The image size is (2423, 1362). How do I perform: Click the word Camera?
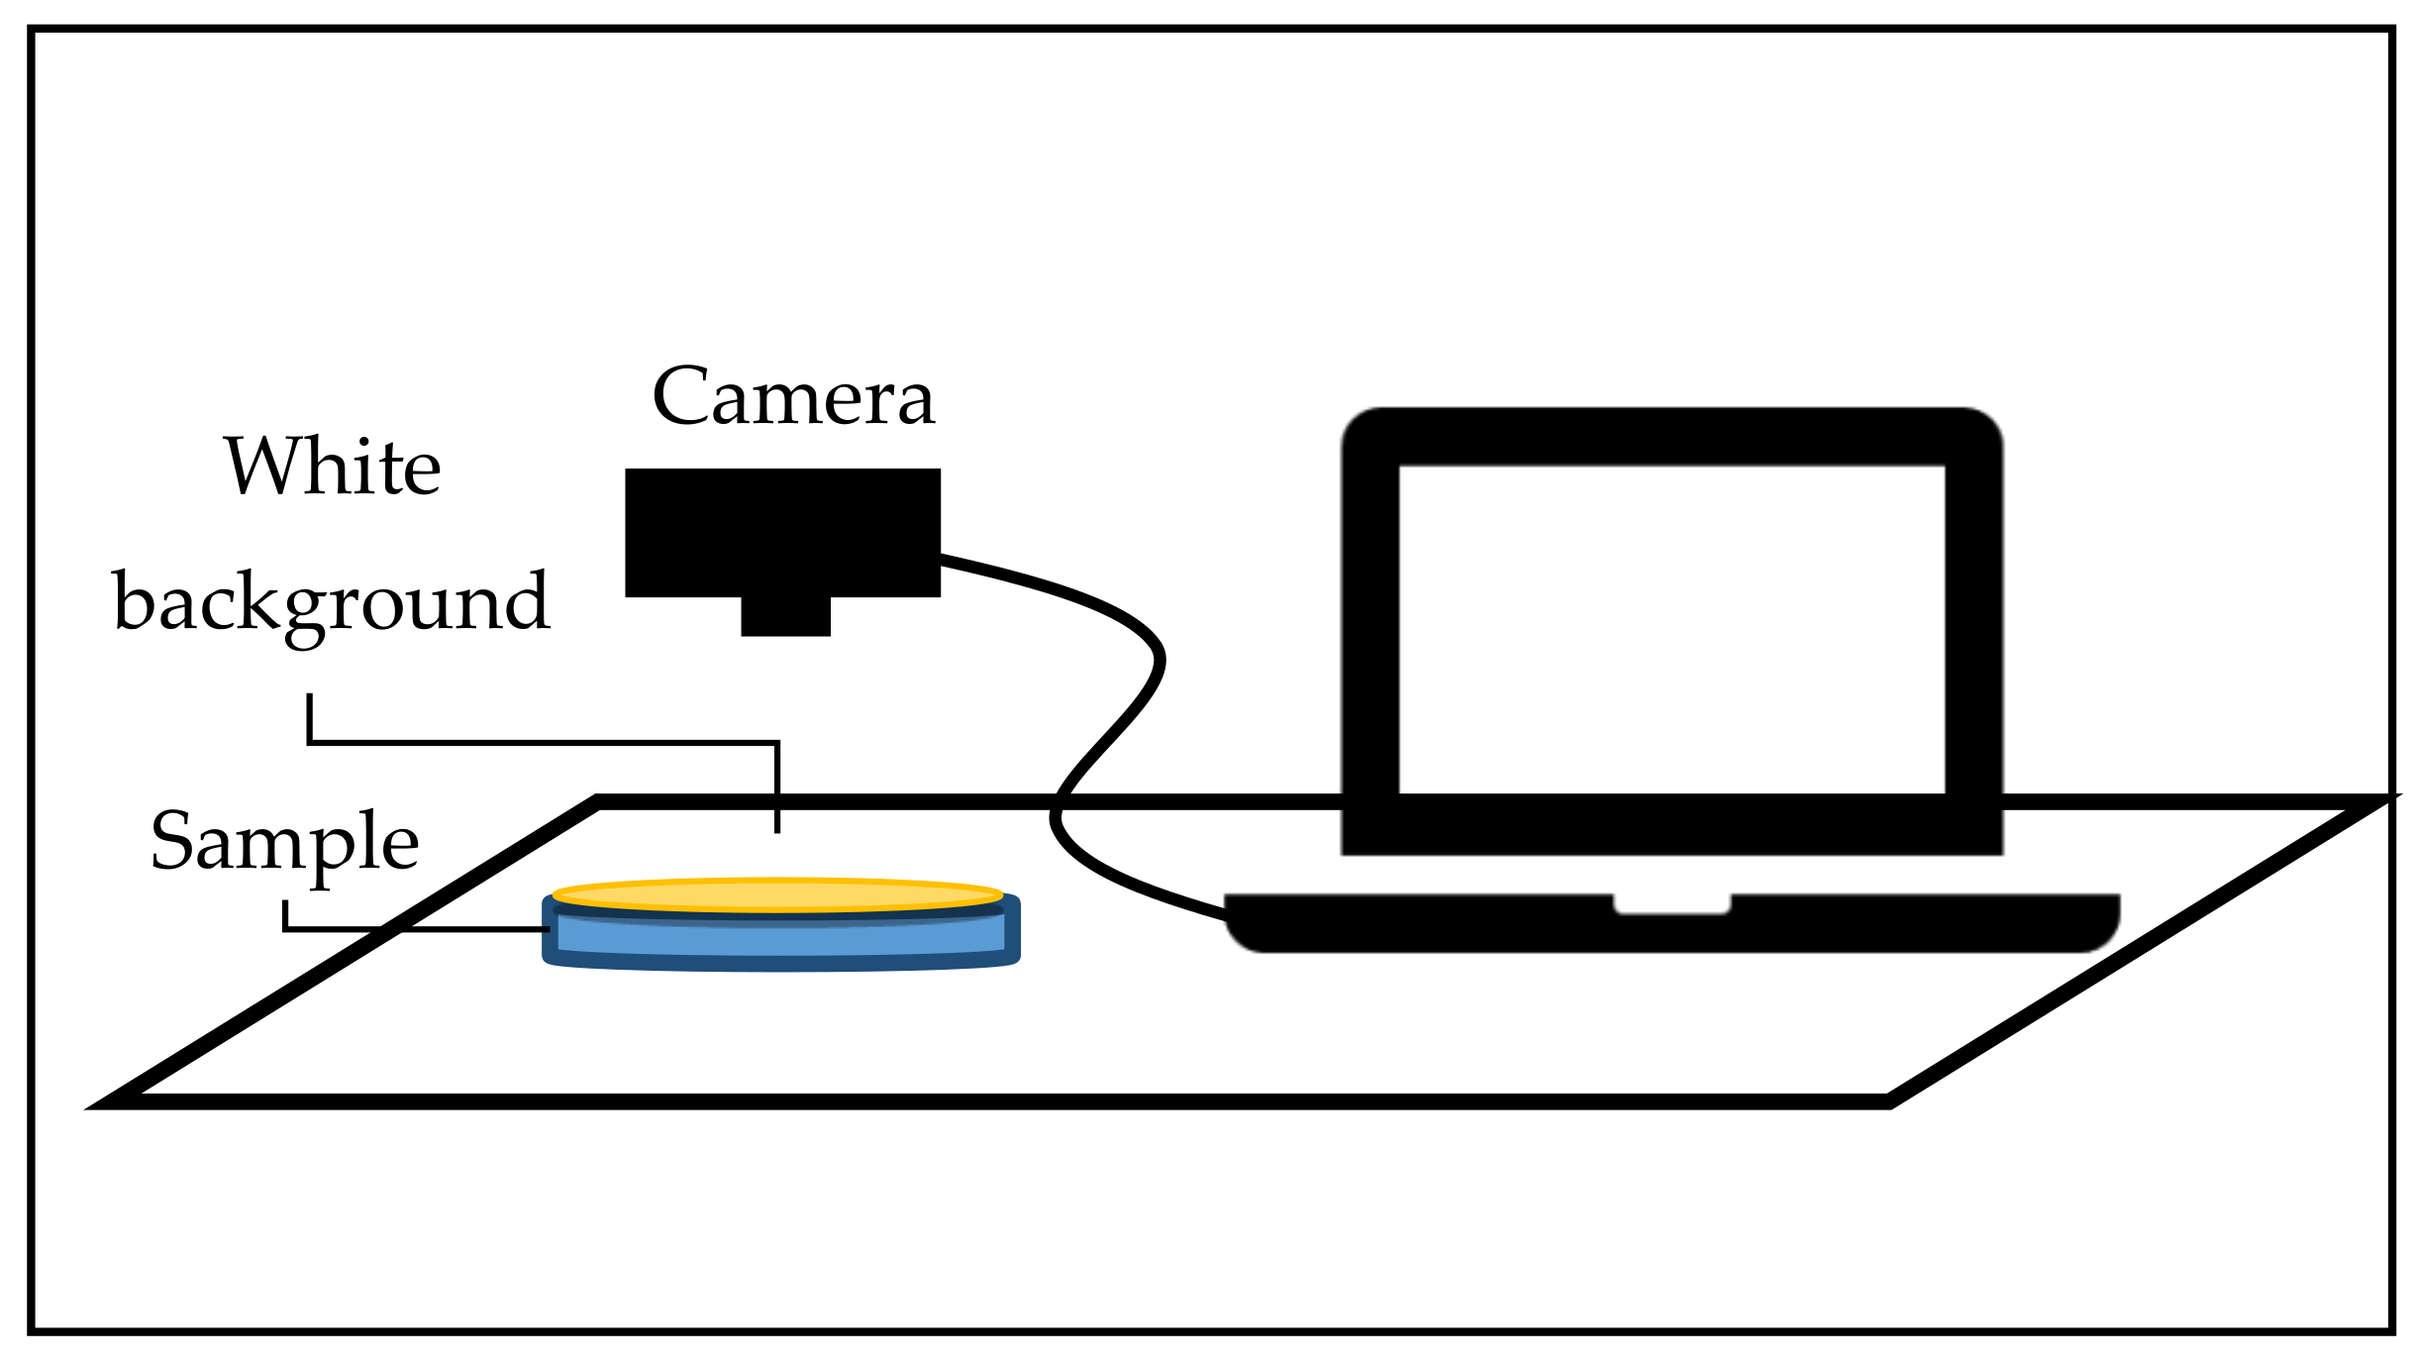pyautogui.click(x=792, y=398)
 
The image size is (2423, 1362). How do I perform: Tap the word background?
pyautogui.click(x=332, y=602)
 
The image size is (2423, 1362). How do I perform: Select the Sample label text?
pyautogui.click(x=284, y=842)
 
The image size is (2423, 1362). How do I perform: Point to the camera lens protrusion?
pyautogui.click(x=785, y=616)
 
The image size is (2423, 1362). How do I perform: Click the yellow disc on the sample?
pyautogui.click(x=777, y=895)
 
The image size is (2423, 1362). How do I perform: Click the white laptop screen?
pyautogui.click(x=1671, y=629)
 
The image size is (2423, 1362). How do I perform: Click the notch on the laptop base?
pyautogui.click(x=1671, y=903)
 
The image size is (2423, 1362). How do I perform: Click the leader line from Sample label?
pyautogui.click(x=416, y=929)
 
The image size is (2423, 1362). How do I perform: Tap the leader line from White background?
pyautogui.click(x=545, y=742)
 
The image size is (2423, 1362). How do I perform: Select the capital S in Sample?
pyautogui.click(x=171, y=841)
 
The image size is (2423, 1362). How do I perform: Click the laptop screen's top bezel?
pyautogui.click(x=1671, y=436)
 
